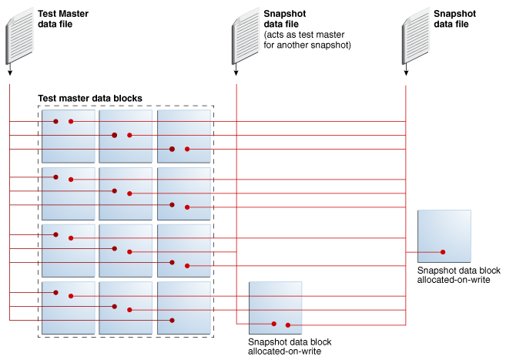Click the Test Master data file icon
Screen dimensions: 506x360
(x=20, y=35)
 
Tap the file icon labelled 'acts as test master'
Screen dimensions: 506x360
(x=246, y=35)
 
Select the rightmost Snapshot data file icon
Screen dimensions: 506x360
(x=416, y=35)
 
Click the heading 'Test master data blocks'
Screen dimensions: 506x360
(x=90, y=98)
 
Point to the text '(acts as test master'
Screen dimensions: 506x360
(x=304, y=35)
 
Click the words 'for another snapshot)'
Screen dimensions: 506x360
(x=307, y=45)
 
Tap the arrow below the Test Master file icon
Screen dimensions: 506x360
(x=10, y=69)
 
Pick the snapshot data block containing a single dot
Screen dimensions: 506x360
(x=444, y=236)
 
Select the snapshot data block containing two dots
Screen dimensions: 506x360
(x=275, y=308)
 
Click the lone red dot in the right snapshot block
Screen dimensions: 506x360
(x=443, y=252)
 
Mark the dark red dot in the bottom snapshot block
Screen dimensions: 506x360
(x=273, y=324)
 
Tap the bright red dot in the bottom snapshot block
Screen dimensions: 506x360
(x=288, y=325)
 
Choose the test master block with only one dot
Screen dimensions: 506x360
(x=184, y=308)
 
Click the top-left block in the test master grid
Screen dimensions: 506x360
(x=69, y=136)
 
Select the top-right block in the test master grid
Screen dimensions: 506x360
(x=184, y=136)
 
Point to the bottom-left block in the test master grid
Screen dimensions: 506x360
(x=69, y=308)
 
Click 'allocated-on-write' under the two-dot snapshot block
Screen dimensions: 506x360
(x=284, y=352)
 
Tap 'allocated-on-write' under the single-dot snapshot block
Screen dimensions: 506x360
(x=454, y=280)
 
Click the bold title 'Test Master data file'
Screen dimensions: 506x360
(x=63, y=19)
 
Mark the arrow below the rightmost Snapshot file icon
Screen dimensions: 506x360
(x=406, y=69)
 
